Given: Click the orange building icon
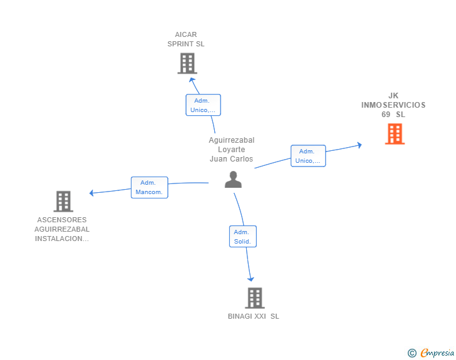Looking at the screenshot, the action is pos(395,134).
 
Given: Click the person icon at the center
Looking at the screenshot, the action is pos(233,180).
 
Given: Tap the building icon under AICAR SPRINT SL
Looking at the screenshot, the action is pos(187,63).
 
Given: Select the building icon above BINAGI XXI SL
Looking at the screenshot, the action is pos(255,298).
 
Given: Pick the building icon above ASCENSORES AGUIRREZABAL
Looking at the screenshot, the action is pos(63,201).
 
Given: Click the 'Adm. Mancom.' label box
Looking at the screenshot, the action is pos(150,188).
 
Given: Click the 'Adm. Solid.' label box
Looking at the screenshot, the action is pos(243,237).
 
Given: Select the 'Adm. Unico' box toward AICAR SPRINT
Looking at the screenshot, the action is pos(204,105).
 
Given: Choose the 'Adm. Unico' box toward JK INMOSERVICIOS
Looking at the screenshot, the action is pos(308,156).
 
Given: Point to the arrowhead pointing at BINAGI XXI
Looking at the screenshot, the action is pos(251,279).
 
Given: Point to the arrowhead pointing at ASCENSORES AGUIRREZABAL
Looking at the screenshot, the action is pos(91,193).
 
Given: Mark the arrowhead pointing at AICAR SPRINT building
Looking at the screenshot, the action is pos(192,80).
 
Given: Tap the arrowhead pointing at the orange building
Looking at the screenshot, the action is pos(360,145).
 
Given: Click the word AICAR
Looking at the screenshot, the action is pos(186,34).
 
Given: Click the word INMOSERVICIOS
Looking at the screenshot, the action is pos(393,105).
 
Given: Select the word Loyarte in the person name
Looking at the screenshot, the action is pos(232,150).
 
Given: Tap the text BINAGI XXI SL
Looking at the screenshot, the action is pos(253,316).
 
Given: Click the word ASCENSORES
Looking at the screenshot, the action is pos(62,220).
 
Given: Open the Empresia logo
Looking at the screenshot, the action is pos(437,352).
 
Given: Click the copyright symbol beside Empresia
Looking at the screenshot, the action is pos(412,353).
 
